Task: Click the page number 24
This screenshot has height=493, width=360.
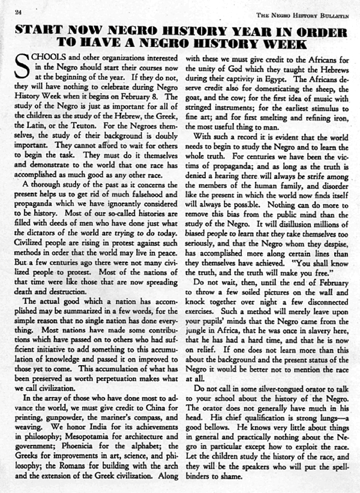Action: point(18,12)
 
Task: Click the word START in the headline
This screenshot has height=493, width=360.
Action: point(40,28)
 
